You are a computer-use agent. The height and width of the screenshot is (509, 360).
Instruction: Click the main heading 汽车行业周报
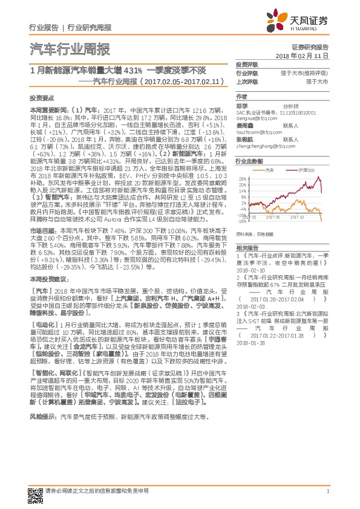[70, 49]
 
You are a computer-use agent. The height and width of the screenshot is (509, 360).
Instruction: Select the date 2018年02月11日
[310, 55]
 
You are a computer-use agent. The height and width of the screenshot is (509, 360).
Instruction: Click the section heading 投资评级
[246, 64]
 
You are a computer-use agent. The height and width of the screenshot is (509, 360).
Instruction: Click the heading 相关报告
[246, 248]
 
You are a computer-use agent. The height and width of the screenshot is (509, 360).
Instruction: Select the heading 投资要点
[42, 97]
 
